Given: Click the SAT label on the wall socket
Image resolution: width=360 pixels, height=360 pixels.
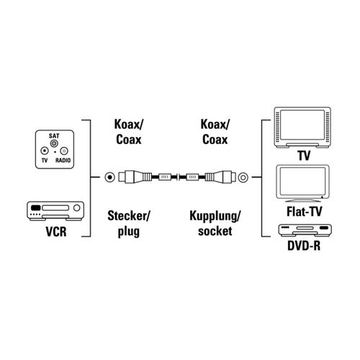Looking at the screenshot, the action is pos(54,136).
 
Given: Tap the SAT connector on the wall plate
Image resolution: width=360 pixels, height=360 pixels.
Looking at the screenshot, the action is pos(54,144).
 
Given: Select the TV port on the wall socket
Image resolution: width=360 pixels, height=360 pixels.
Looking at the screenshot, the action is pos(45,151).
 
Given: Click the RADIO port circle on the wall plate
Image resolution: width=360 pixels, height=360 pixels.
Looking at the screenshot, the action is pos(64,151).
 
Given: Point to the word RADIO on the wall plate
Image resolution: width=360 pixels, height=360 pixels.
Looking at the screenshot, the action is pos(63,161).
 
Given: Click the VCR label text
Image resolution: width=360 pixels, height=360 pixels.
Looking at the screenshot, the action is pos(56,232).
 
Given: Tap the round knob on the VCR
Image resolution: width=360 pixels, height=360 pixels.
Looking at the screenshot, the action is pos(77,208).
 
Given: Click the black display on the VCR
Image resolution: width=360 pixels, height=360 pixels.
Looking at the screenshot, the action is pos(35,208).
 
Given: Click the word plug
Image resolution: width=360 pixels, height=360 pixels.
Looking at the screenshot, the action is pos(129,232).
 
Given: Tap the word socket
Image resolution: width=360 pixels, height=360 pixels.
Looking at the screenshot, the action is pos(215,231).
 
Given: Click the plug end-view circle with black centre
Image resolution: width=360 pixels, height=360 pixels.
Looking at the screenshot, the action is pos(110,177).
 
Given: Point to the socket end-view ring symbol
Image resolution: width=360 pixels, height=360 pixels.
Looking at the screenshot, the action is pos(243,177).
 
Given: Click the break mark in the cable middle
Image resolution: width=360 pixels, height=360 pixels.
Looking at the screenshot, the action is pos(178,177).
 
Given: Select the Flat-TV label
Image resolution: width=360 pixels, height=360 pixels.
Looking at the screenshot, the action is pos(304,212).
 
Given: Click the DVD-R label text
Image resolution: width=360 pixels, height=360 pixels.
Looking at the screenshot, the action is pos(304,246).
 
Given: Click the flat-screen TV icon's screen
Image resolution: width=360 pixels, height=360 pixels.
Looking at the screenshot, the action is pos(302,181).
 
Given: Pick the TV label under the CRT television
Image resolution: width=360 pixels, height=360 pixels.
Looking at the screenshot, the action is pos(304,156).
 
